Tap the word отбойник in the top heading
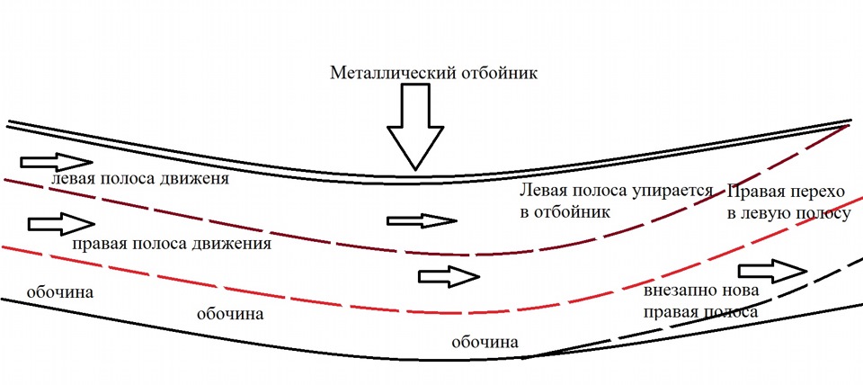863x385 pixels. pos(494,73)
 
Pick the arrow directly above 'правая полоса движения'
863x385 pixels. pos(60,221)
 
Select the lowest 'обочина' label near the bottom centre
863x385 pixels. pos(485,342)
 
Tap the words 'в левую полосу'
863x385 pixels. pos(788,213)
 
